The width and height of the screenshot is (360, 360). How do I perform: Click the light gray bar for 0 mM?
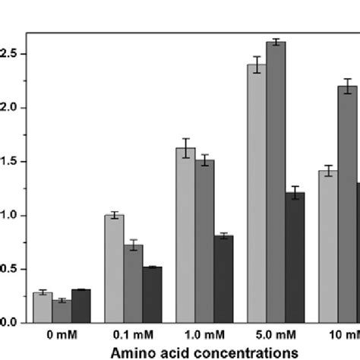43,308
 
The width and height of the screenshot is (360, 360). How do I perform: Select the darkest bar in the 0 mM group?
81,306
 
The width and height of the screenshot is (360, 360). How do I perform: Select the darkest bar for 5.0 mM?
295,257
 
